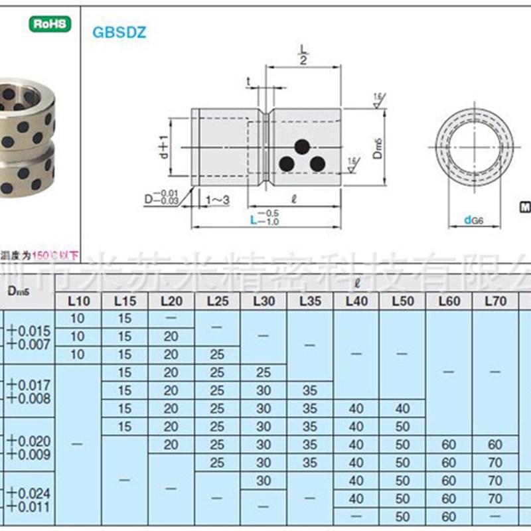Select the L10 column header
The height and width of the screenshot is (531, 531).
(78, 301)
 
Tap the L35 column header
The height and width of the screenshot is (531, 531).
(310, 301)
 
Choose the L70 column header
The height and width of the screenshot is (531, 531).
(495, 301)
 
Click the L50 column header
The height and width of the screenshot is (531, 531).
(402, 301)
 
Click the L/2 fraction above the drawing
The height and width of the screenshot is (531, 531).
(304, 54)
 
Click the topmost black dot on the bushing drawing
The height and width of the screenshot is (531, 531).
(302, 145)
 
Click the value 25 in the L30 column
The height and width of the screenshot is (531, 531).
(264, 372)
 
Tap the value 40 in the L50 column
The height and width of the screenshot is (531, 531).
(402, 408)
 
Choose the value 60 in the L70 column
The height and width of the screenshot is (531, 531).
(495, 444)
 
